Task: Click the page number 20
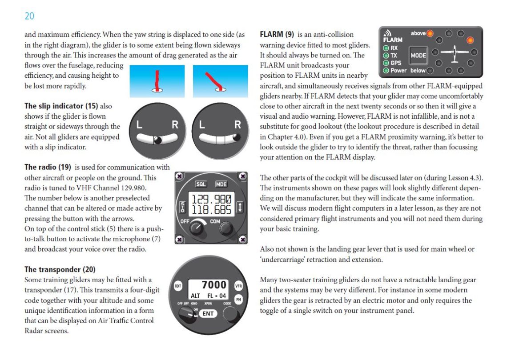29,16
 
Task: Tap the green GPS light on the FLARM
386,63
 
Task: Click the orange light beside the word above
430,33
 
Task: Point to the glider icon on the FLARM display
454,52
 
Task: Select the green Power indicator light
386,70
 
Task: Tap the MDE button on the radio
221,184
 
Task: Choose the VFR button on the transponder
238,286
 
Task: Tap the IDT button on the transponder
177,286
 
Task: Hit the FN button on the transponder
238,300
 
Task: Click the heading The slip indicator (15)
61,106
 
